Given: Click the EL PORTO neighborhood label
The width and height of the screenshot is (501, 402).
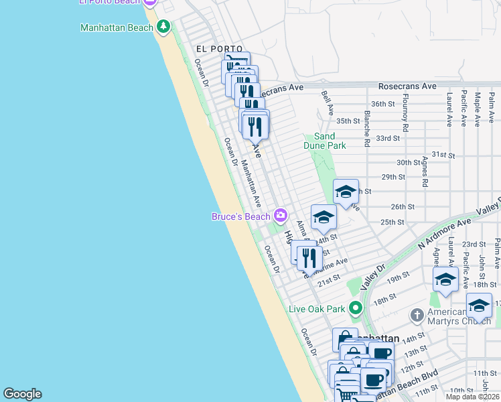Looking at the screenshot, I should coord(218,49).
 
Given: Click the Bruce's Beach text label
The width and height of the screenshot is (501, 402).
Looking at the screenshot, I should coord(241,216).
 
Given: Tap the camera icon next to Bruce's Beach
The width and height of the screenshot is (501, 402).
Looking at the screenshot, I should coord(280,216).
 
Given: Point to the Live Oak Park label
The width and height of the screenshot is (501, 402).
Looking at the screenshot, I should coord(316,309).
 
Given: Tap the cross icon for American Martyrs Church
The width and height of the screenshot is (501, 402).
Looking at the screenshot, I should coord(416,314).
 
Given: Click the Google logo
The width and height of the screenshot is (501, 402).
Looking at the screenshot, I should coord(22,394).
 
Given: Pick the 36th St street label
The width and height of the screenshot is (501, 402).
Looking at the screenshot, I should coord(383,104).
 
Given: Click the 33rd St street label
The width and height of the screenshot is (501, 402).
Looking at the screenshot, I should coord(388,138).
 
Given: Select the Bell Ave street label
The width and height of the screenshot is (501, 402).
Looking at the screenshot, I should coord(327,103).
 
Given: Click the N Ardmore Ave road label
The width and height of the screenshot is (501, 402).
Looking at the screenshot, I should coord(446,230).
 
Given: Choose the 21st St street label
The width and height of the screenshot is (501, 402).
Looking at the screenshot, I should coord(330,278).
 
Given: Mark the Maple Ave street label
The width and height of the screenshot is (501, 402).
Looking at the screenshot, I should coord(478,109).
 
